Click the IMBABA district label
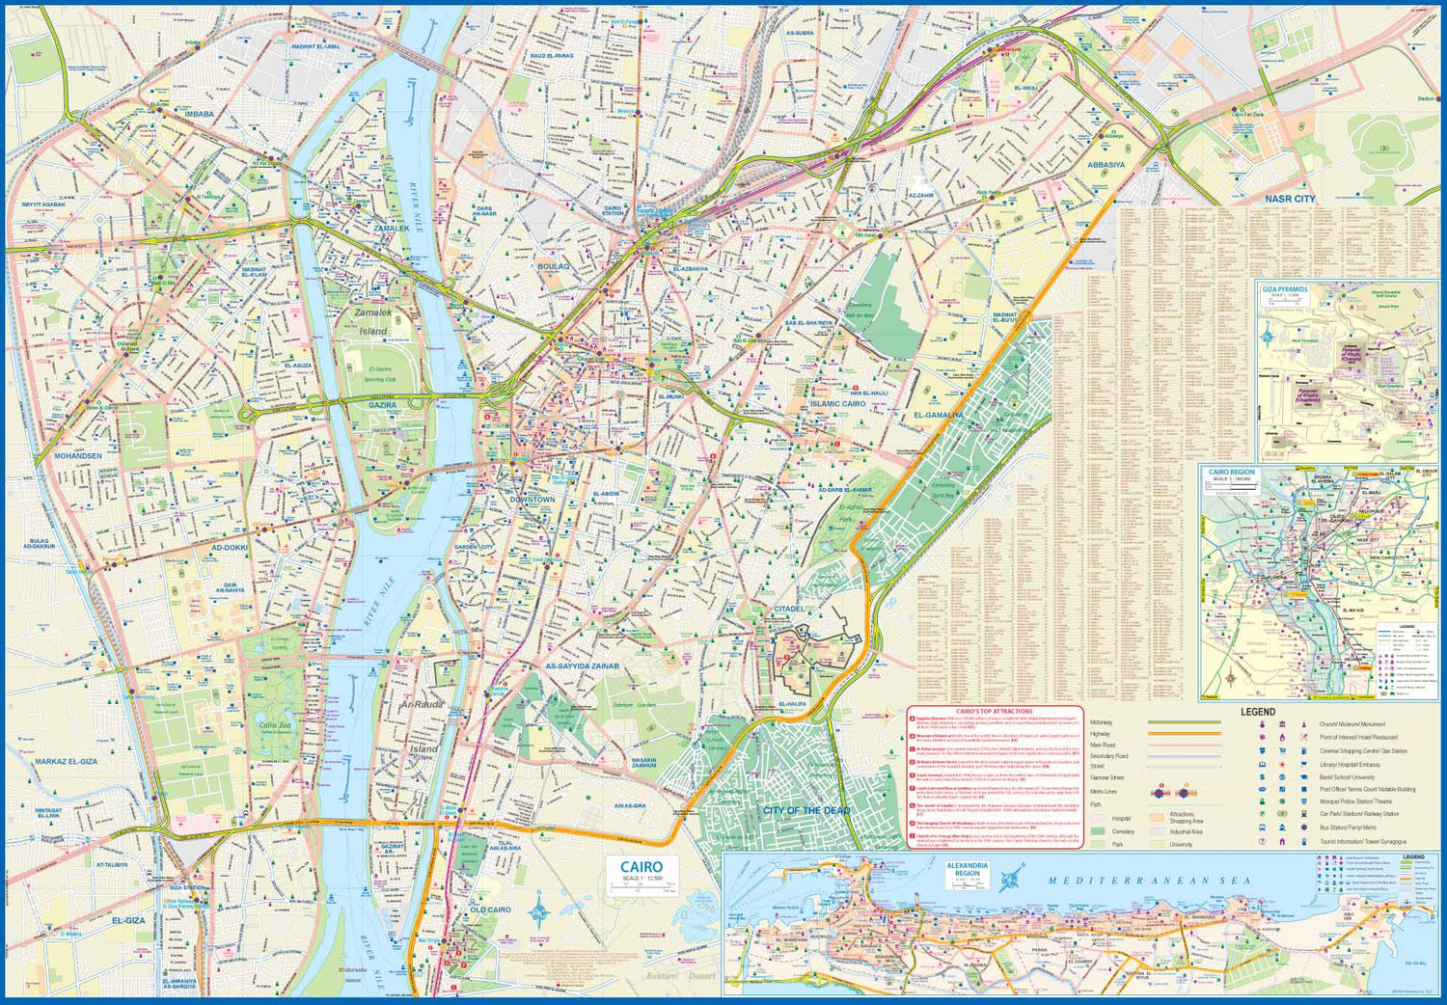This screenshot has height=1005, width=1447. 199,115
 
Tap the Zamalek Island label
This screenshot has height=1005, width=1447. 373,321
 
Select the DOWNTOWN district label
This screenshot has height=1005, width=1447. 532,500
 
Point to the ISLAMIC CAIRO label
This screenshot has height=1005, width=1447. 837,404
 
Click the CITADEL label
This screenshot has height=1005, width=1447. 788,610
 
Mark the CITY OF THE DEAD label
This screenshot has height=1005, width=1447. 806,811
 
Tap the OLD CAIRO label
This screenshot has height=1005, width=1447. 490,910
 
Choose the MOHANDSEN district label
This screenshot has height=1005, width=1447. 78,456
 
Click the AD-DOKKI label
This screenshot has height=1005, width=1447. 230,548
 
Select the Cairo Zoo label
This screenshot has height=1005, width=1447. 275,725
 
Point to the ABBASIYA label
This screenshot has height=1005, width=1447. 1106,165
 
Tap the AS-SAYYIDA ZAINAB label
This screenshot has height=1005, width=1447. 582,666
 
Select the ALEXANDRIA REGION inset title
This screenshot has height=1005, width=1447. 967,869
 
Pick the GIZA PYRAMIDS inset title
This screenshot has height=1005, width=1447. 1285,289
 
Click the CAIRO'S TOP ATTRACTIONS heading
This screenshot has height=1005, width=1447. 994,712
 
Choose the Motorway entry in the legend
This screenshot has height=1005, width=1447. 1101,722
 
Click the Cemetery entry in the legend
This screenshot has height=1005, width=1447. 1123,831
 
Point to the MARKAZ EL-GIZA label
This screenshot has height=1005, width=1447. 66,762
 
